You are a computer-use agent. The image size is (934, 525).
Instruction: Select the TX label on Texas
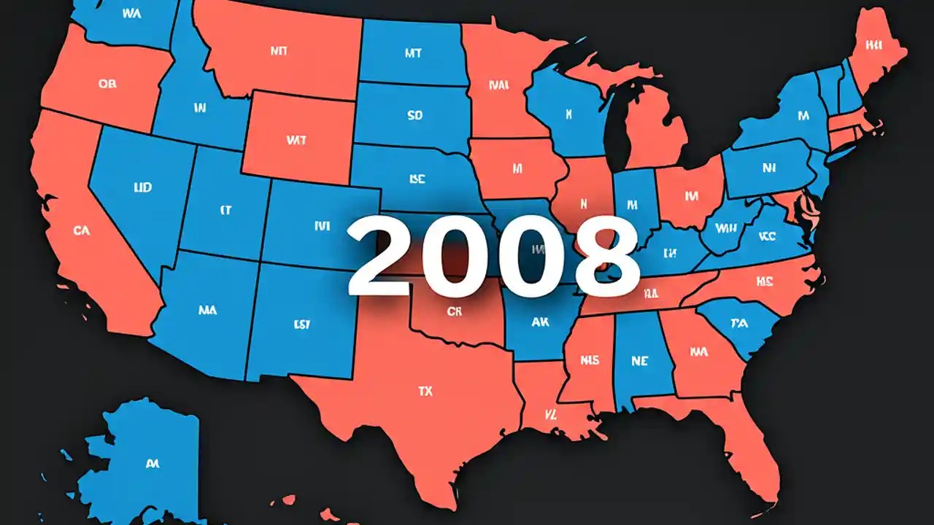tap(425, 392)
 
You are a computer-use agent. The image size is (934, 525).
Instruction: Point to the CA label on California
tap(82, 230)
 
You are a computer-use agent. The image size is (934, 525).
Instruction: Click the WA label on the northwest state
tap(132, 13)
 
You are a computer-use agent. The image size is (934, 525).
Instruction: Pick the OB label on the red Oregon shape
tap(107, 84)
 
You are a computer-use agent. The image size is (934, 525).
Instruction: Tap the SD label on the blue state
tap(414, 115)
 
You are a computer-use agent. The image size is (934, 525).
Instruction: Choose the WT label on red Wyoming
tap(296, 139)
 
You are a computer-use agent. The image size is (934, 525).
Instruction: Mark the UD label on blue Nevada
tap(143, 188)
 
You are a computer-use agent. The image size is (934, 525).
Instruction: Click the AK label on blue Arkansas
tap(541, 322)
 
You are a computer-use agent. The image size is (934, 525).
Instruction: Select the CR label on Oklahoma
tap(454, 311)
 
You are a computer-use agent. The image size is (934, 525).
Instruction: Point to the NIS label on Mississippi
tap(590, 360)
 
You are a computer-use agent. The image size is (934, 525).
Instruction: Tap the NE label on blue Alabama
tap(640, 360)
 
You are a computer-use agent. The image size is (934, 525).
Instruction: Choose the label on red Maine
tap(873, 44)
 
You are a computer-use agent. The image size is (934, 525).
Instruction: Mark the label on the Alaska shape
tap(153, 463)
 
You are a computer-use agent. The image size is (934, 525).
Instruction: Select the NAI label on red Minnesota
tap(499, 85)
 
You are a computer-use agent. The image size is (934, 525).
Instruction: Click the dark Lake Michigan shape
tap(619, 124)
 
